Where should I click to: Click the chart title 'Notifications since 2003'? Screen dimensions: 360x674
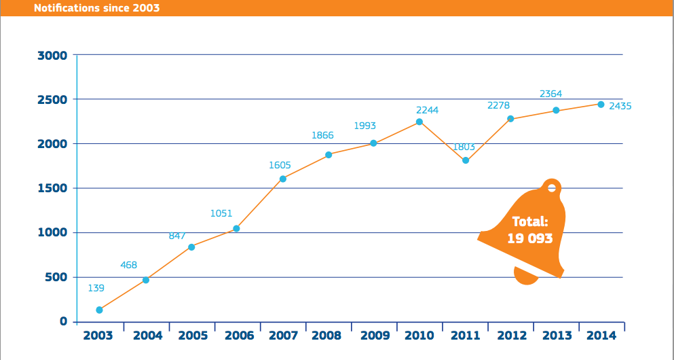[97, 8]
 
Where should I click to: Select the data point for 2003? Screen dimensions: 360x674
[100, 310]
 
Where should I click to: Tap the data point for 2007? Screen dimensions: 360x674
[283, 179]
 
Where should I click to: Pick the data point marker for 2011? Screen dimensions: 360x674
[466, 160]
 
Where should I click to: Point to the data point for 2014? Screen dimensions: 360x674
[601, 104]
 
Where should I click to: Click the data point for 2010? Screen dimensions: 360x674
[419, 122]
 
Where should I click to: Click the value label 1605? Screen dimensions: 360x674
[280, 164]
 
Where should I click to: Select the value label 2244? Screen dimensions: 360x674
[428, 109]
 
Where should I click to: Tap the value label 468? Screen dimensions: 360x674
[129, 265]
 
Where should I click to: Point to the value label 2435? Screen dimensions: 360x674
[620, 106]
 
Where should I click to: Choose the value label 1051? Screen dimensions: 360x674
[221, 213]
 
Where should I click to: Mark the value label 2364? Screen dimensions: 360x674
[550, 94]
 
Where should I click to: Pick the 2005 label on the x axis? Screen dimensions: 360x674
[193, 336]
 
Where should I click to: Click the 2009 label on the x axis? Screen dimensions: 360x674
[375, 336]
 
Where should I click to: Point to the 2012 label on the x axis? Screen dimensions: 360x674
[511, 336]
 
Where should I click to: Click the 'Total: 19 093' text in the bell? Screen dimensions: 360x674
[529, 230]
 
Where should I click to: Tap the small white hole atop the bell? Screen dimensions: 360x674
[552, 188]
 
